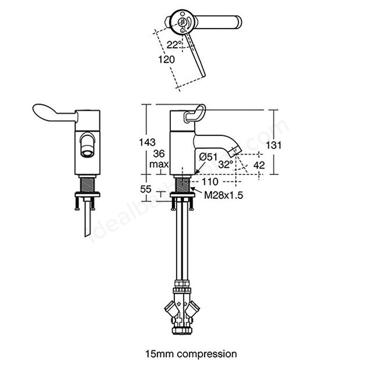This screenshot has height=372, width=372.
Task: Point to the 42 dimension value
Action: pos(259,165)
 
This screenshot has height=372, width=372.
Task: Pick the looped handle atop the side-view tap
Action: pos(195,114)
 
